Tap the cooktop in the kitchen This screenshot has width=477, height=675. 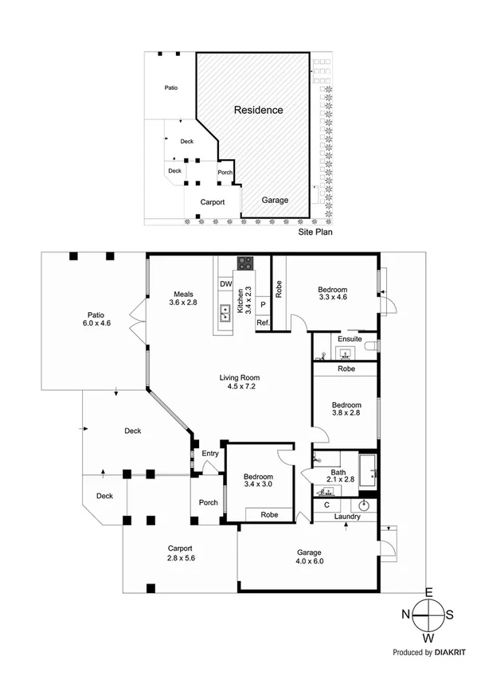coord(244,263)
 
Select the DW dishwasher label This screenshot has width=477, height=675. coord(225,284)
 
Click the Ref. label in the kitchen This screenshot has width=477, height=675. coord(262,322)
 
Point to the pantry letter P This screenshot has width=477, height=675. coord(262,304)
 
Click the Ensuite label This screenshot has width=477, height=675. coord(350,339)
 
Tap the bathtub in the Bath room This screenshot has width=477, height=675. coord(368,470)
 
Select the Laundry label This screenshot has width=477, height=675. coord(347,517)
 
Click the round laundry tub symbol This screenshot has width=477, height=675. coord(365,505)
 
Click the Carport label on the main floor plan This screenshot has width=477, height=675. coord(180,548)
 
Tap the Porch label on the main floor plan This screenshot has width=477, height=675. coord(208,502)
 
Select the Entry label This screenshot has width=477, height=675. coord(210,454)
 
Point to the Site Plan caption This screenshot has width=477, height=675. coord(315,232)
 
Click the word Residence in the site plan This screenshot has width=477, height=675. coord(258,110)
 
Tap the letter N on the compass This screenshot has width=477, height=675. coord(405,614)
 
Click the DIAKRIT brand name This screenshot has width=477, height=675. coord(452,652)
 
